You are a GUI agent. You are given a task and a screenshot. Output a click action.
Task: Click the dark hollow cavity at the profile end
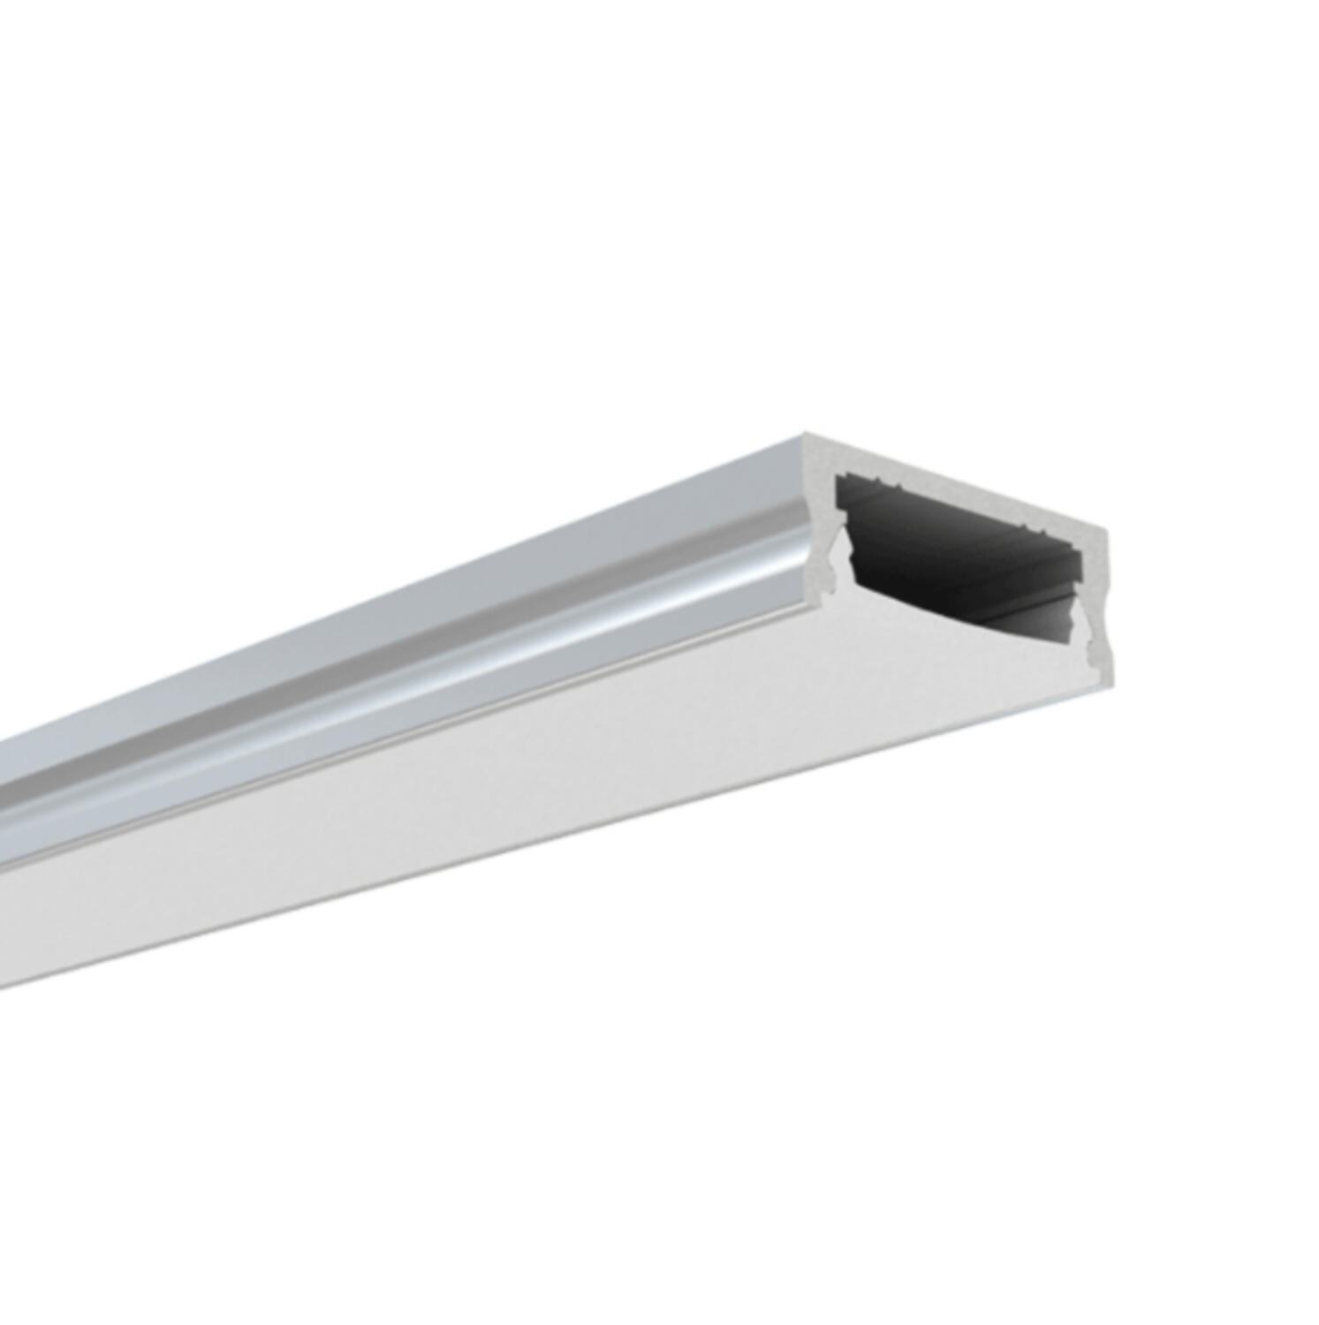click(954, 548)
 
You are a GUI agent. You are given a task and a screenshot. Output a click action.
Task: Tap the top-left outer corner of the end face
click(806, 434)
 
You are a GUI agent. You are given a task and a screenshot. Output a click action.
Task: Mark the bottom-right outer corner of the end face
click(1111, 680)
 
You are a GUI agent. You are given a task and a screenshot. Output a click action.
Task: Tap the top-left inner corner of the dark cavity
click(839, 477)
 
